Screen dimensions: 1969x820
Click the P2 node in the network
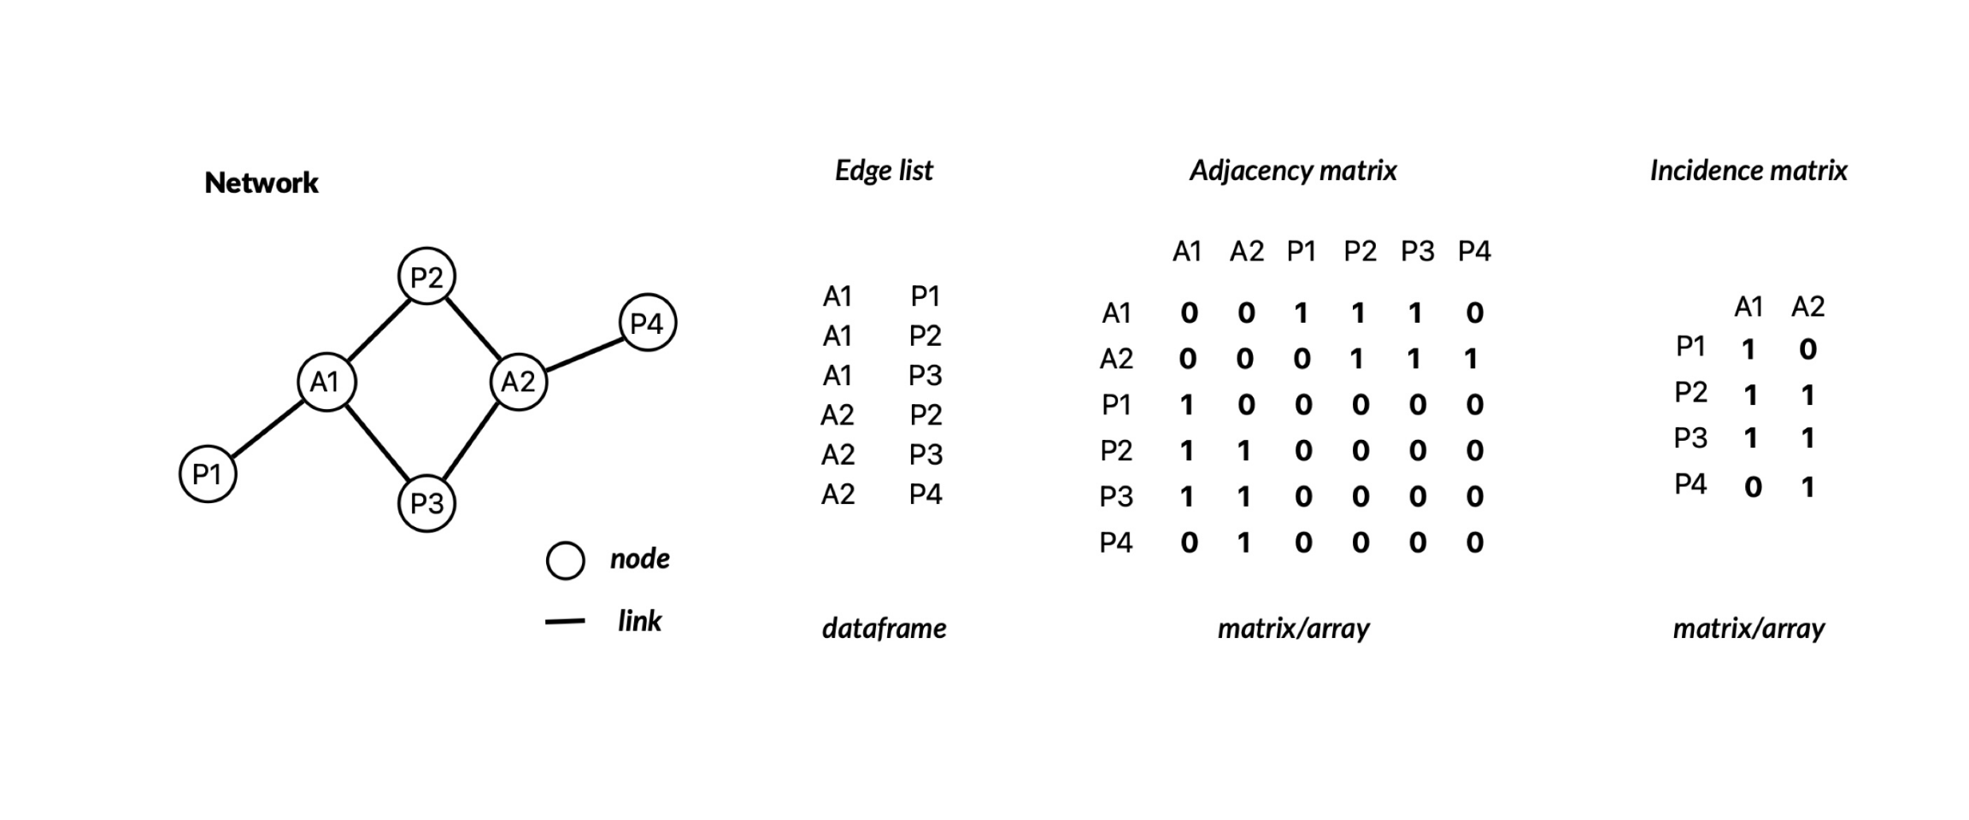click(x=426, y=276)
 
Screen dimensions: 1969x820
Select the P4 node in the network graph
click(x=647, y=323)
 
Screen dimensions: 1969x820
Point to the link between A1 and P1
click(x=267, y=428)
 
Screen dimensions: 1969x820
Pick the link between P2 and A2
click(x=473, y=328)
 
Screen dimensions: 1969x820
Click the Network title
click(x=262, y=182)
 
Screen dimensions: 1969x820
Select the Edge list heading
click(x=884, y=171)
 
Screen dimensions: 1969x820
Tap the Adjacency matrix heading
click(x=1293, y=171)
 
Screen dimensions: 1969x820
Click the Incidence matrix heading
click(x=1749, y=171)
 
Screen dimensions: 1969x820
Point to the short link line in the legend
click(x=565, y=621)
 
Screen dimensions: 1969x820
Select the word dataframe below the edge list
click(x=884, y=628)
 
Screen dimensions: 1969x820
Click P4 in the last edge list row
click(x=926, y=494)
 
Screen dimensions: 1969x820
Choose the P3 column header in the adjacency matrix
click(x=1417, y=251)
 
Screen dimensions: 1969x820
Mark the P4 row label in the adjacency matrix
click(x=1116, y=542)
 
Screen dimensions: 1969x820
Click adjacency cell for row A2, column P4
click(x=1471, y=359)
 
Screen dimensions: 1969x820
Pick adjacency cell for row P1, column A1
click(x=1187, y=405)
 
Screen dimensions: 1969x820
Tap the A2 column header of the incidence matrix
click(x=1807, y=307)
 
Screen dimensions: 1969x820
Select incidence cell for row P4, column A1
click(x=1753, y=487)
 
